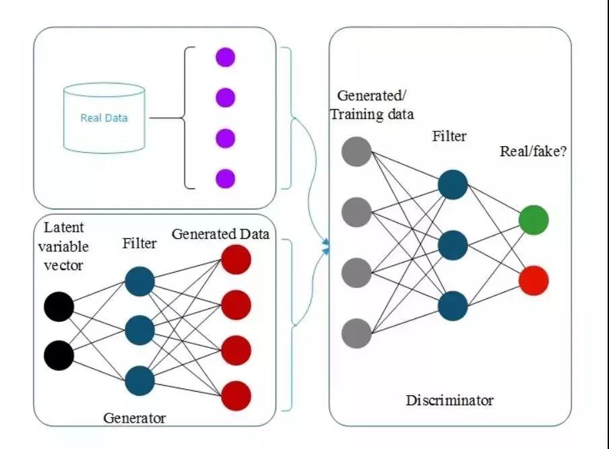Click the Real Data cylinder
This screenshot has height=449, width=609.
[x=104, y=118]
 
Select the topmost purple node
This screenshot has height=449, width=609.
[x=225, y=57]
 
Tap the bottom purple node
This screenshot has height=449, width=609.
[x=225, y=178]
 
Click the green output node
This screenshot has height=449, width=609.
[x=534, y=220]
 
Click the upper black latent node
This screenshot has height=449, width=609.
[x=59, y=308]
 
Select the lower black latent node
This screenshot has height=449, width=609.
[x=59, y=355]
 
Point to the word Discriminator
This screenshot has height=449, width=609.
[x=449, y=401]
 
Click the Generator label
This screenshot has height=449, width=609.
[x=135, y=417]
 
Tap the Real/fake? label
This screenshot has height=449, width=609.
[x=533, y=151]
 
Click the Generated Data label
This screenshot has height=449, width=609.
[x=220, y=234]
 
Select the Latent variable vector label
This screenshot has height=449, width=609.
[x=63, y=246]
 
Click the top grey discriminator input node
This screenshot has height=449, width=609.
[x=356, y=151]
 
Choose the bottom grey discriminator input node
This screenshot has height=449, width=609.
[x=356, y=333]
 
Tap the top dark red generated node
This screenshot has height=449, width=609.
[x=236, y=261]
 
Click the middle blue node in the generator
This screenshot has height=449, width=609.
[x=140, y=330]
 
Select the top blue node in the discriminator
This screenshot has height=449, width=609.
[x=452, y=184]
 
